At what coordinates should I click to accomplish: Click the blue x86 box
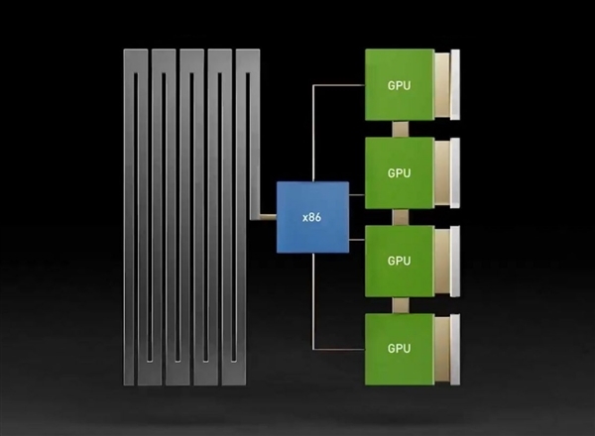point(312,216)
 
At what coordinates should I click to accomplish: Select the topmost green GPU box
point(399,85)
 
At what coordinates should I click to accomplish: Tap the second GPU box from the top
point(399,173)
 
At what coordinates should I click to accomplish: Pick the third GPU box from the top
point(399,261)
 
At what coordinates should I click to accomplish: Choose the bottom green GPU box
point(399,349)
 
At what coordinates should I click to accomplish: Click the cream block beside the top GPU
point(447,85)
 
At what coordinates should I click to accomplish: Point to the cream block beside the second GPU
point(447,173)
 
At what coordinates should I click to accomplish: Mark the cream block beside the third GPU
point(447,261)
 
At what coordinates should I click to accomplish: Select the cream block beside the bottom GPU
point(447,349)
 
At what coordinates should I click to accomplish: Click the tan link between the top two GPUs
point(399,129)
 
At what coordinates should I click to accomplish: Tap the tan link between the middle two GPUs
point(399,217)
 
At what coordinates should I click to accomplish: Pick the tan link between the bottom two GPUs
point(399,304)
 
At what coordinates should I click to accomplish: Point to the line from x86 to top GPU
point(314,129)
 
